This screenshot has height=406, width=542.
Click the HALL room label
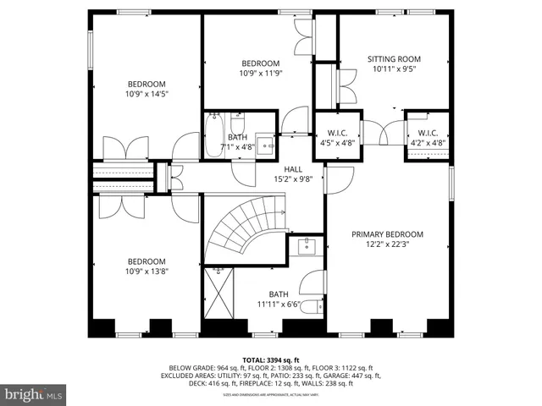point(293,169)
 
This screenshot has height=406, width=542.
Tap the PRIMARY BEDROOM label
point(388,234)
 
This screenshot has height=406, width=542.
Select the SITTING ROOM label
point(394,59)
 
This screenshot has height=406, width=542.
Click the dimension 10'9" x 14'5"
point(147,96)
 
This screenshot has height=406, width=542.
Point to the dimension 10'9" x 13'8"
point(147,273)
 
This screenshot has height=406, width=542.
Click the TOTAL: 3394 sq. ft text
point(271,359)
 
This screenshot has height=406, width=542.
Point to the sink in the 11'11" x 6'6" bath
point(305,247)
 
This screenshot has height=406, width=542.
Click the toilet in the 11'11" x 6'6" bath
point(310,305)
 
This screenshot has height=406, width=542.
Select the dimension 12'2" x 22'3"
point(388,245)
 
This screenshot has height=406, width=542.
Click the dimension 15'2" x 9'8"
point(293,179)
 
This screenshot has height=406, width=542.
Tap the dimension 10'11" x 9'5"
point(394,70)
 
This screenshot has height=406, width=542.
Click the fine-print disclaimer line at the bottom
point(271,395)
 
